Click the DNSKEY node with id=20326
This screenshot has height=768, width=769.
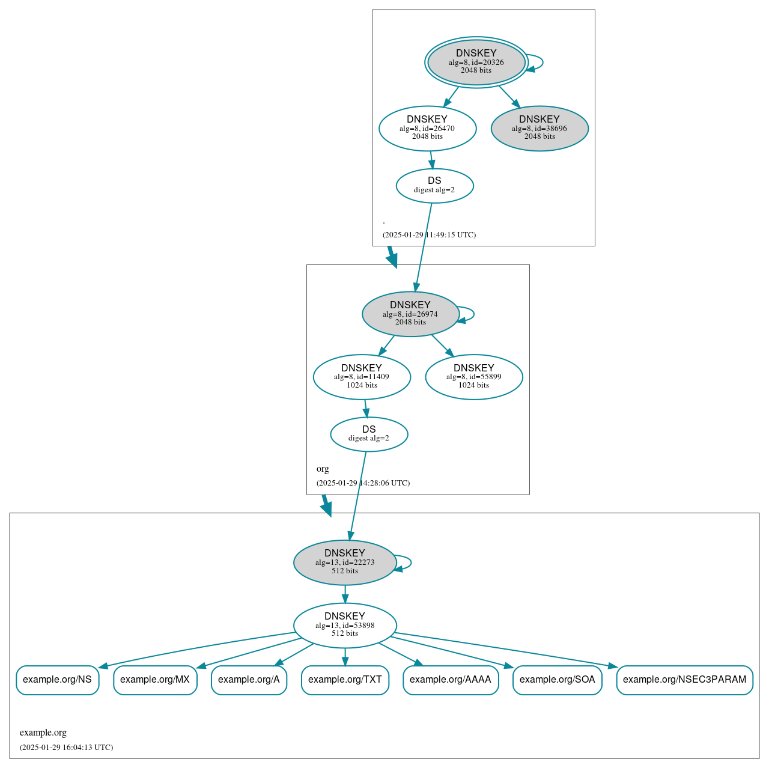[x=476, y=62]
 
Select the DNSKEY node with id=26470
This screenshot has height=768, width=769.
[x=427, y=128]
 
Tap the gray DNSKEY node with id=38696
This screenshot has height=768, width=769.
[x=540, y=128]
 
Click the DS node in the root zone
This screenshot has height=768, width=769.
[x=434, y=186]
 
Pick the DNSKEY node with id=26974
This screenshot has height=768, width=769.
[x=410, y=314]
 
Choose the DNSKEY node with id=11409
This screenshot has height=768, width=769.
[x=362, y=377]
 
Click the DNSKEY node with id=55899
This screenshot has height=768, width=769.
[x=474, y=377]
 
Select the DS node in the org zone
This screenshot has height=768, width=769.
[x=369, y=434]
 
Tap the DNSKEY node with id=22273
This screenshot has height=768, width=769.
[x=345, y=562]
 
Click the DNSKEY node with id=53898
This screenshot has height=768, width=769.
[x=345, y=625]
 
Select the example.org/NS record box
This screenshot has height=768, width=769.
[x=57, y=680]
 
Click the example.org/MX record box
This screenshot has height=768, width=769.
[x=155, y=680]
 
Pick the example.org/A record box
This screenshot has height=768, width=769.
[x=249, y=680]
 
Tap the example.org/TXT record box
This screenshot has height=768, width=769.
[x=345, y=680]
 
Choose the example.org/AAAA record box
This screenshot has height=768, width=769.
[x=451, y=680]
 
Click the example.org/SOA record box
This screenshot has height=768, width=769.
[x=557, y=680]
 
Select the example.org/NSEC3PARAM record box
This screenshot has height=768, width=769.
[x=684, y=680]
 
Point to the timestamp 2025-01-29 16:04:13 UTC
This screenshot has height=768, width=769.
[x=66, y=748]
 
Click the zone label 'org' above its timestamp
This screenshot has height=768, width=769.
[x=323, y=469]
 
